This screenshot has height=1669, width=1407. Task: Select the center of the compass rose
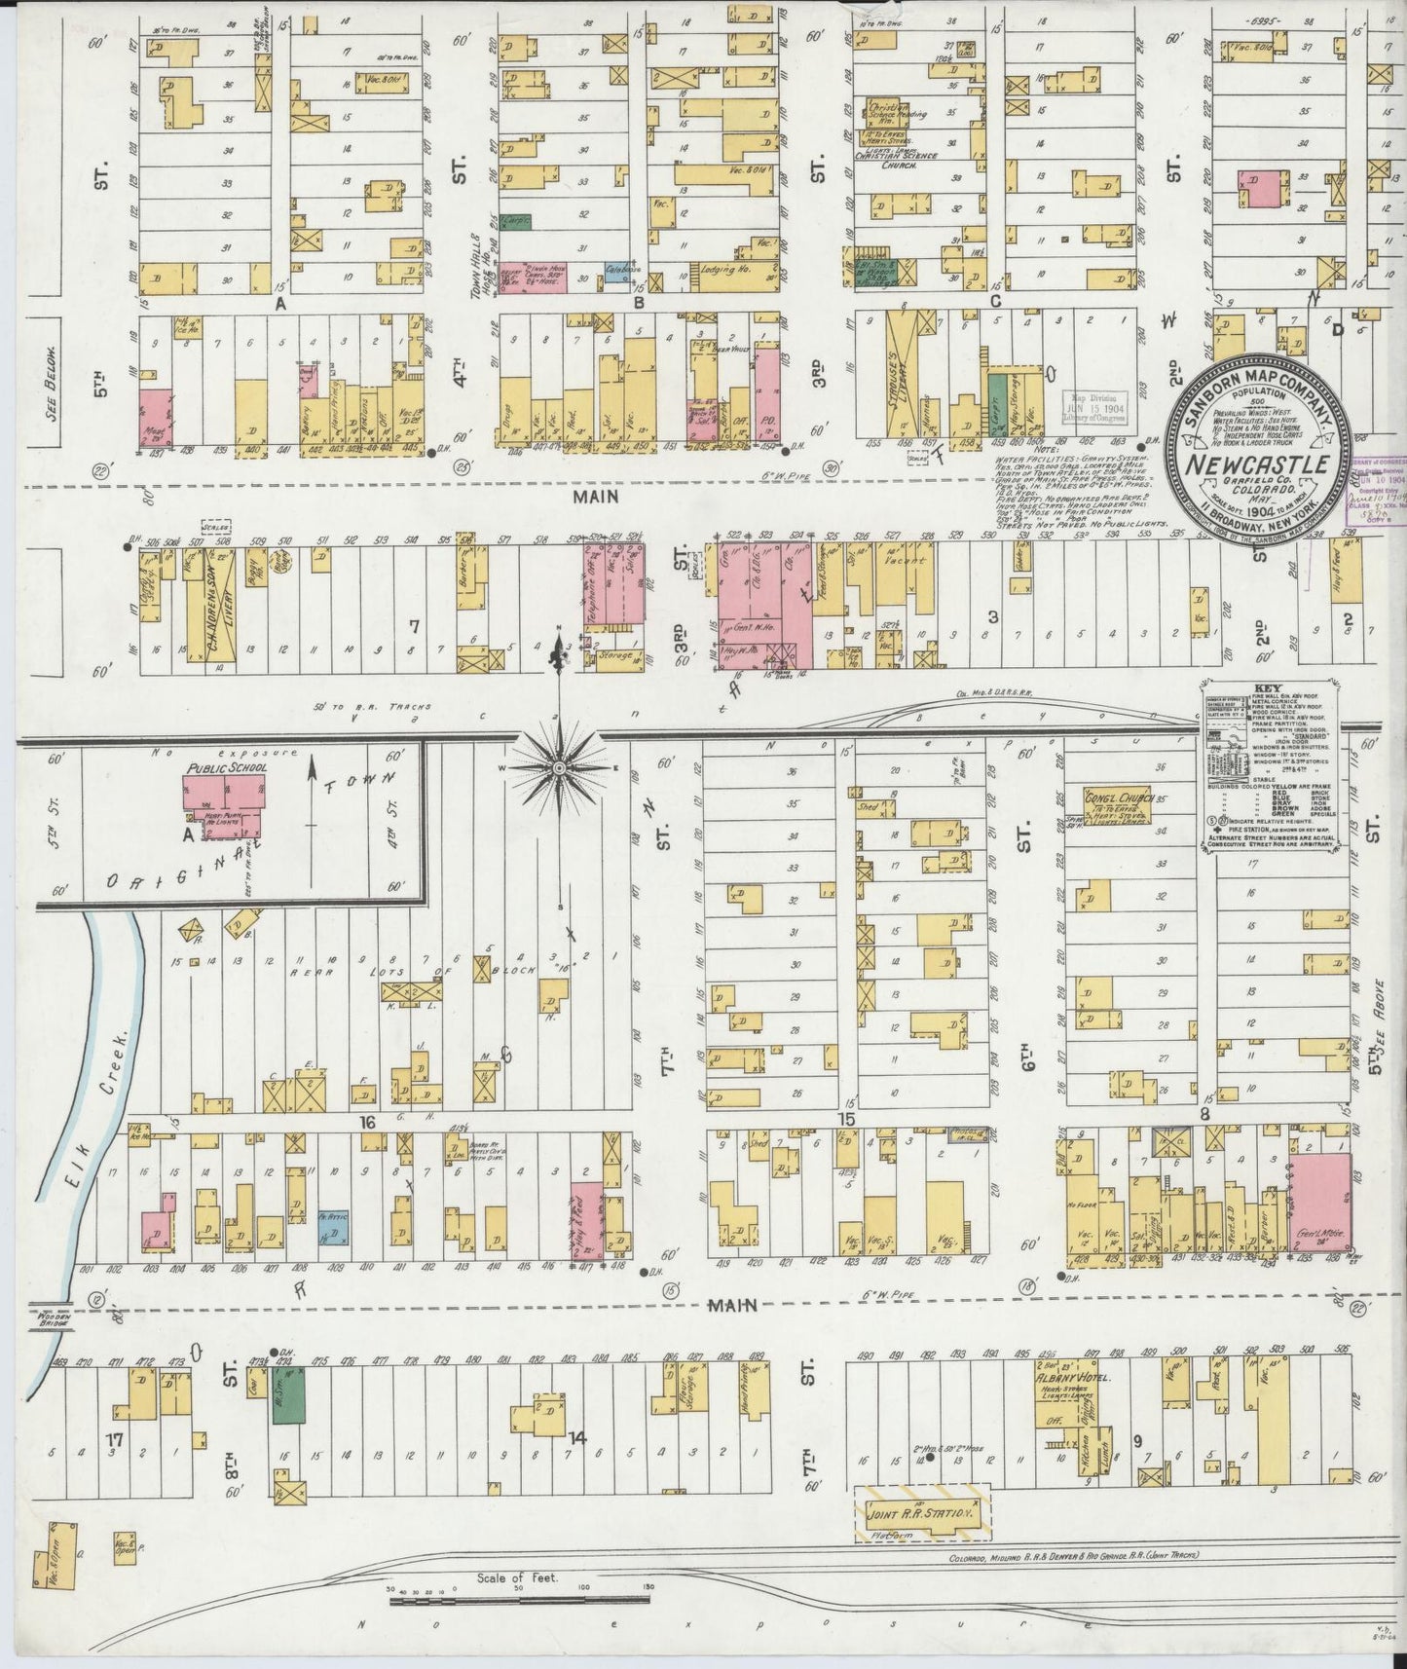tap(560, 769)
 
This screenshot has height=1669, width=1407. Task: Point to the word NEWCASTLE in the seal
tap(1255, 464)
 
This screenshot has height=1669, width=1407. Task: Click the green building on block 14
tap(287, 1394)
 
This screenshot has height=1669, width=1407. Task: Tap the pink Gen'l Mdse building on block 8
tap(1320, 1203)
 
